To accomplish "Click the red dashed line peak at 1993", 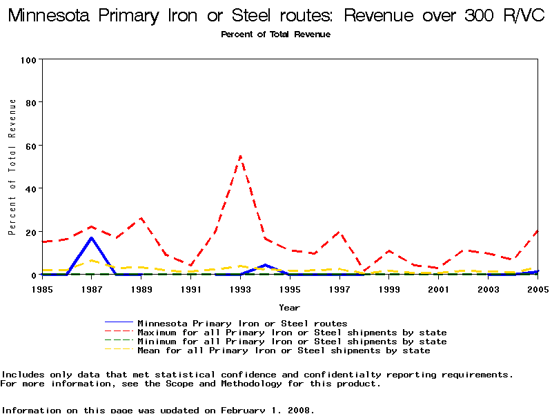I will coord(240,156).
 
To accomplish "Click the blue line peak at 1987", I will coord(91,238).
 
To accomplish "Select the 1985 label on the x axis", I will coord(42,289).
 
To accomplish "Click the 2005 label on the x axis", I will coord(538,289).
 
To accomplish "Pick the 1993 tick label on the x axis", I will coord(240,289).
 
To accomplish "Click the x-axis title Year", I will coord(289,307).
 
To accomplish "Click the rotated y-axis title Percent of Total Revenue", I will coord(12,167).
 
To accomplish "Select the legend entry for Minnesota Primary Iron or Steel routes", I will coord(242,323).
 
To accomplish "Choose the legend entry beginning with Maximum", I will coord(292,333).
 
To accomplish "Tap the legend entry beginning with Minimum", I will coord(292,342).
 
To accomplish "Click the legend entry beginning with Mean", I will coord(284,351).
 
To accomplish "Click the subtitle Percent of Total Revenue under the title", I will coord(275,34).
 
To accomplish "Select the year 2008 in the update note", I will coord(299,410).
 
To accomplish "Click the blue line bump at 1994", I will coord(265,265).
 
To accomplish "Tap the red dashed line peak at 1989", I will coord(141,219).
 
